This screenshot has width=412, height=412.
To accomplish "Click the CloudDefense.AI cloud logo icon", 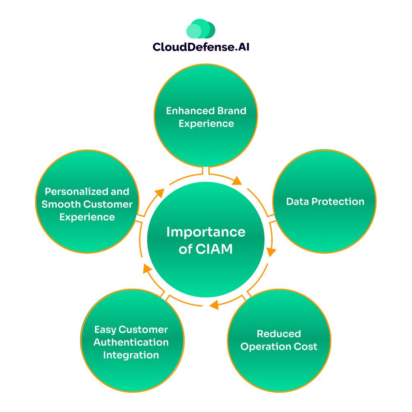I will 201,29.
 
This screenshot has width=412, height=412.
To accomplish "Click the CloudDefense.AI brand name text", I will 201,47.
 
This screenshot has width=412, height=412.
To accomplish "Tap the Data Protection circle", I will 325,201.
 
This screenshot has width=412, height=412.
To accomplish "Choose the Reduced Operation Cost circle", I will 279,340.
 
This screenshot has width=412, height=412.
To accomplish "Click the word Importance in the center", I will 206,232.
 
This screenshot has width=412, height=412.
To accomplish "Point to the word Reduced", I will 279,333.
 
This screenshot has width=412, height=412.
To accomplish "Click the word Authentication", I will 131,342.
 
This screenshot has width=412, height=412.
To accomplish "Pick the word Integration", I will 131,355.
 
